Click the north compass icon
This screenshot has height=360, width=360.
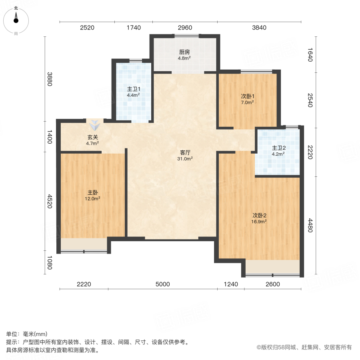click(x=16, y=18)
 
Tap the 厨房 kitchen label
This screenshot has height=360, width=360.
click(x=184, y=52)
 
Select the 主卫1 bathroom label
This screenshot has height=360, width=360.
click(x=133, y=89)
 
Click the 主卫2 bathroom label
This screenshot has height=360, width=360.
click(x=278, y=147)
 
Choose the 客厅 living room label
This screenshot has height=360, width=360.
click(x=185, y=152)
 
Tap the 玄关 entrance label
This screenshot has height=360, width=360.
click(x=93, y=137)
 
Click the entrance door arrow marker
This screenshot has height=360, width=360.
click(x=95, y=126)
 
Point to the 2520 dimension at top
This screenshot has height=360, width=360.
click(x=87, y=28)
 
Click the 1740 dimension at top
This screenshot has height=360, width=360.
click(x=134, y=28)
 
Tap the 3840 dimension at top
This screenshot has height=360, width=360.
click(x=259, y=28)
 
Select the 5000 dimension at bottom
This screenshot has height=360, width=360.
click(x=163, y=284)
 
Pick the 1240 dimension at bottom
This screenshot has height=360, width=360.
click(x=231, y=284)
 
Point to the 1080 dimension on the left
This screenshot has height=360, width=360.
click(x=50, y=262)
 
